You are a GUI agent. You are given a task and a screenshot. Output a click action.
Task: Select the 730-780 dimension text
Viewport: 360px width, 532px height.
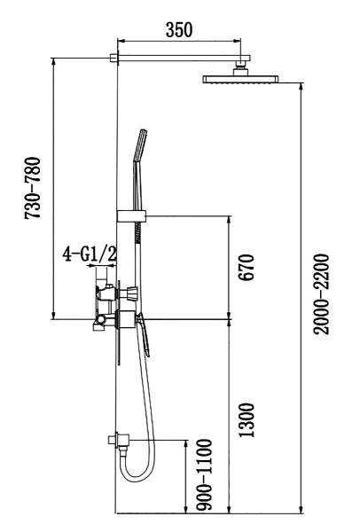[33, 190]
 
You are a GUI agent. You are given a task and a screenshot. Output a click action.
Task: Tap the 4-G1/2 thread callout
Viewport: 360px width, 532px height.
[90, 255]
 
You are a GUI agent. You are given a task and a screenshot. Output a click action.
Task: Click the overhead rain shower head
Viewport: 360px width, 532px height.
[242, 80]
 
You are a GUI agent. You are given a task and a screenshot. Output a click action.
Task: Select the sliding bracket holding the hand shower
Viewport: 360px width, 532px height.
[131, 215]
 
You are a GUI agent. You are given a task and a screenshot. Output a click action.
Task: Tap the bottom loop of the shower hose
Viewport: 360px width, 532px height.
[133, 474]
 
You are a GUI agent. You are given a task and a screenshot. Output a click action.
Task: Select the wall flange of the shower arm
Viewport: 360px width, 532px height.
[114, 59]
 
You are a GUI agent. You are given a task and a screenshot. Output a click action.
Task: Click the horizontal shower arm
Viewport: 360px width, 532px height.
[177, 59]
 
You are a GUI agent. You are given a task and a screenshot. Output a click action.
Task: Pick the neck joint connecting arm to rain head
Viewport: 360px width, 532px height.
[241, 67]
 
